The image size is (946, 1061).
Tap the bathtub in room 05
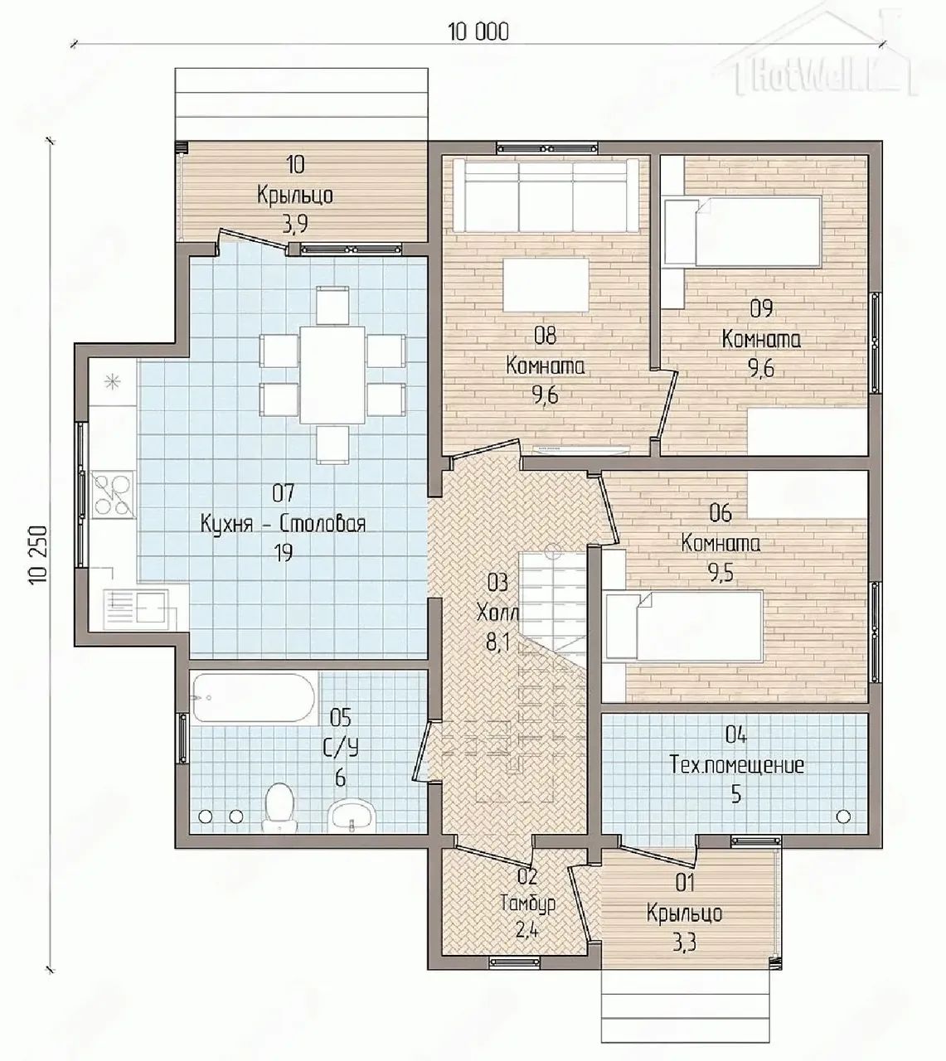tap(254, 698)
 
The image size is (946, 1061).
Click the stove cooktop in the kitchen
tap(113, 493)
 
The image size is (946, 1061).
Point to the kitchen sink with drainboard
tap(136, 608)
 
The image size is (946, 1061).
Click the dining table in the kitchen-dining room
tap(332, 375)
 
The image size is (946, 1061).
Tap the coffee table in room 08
tap(546, 285)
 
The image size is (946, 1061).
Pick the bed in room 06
tap(684, 626)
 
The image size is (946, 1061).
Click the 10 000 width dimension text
tap(478, 32)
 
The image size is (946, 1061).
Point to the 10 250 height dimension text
tap(39, 554)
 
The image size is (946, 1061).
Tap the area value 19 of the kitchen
tap(283, 553)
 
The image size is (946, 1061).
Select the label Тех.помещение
tap(737, 765)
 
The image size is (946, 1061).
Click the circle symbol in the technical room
tap(843, 816)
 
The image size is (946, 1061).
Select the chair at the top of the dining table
tap(332, 305)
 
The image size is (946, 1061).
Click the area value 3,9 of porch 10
tap(295, 224)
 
